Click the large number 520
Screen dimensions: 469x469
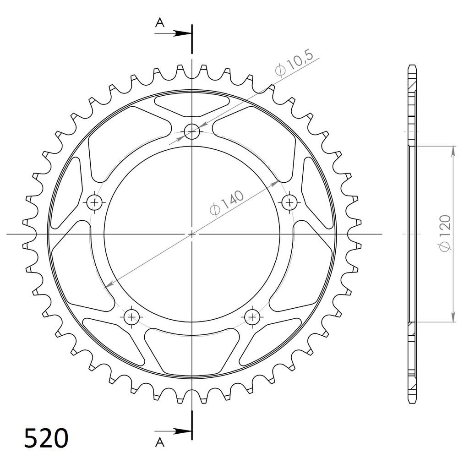(x=46, y=438)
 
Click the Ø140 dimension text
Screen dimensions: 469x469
(x=227, y=202)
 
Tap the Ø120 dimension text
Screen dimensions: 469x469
(x=444, y=233)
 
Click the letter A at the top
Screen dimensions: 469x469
(x=160, y=22)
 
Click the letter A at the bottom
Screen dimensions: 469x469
(x=160, y=442)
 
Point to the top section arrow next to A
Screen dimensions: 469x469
(x=173, y=33)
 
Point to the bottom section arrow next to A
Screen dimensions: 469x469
(x=173, y=431)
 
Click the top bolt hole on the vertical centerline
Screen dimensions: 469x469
(x=192, y=131)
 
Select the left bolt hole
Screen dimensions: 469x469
(x=95, y=202)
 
